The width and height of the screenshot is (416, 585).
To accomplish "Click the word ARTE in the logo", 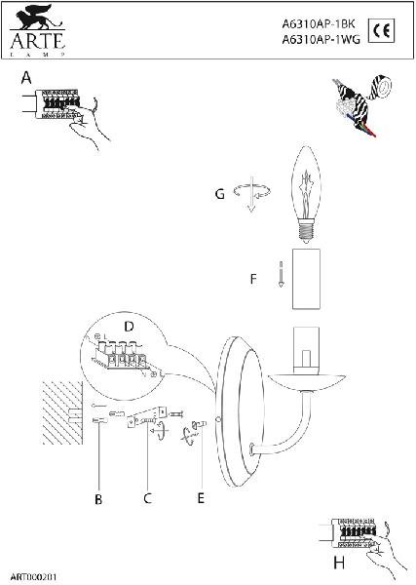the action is [38, 41].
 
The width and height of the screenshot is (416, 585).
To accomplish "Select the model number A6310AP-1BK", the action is [319, 24].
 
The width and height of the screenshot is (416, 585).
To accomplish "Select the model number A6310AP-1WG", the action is [321, 39].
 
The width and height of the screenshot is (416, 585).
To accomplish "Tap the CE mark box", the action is [381, 30].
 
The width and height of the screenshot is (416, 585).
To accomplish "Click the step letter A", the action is [26, 78].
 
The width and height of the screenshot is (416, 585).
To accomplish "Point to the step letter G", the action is [220, 194].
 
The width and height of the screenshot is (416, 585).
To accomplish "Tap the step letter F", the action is [253, 279].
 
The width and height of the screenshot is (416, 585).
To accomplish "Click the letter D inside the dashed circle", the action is [129, 327].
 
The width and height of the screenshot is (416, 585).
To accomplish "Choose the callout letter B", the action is [98, 499].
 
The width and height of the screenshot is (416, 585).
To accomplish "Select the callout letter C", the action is [148, 498].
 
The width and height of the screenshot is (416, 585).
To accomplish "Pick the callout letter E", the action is [201, 498].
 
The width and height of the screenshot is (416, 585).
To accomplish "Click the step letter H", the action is [339, 563].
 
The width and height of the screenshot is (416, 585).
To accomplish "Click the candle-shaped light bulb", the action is [306, 198].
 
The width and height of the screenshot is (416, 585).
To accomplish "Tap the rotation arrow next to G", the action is [252, 191].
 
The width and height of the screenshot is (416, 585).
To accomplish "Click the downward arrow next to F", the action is [281, 274].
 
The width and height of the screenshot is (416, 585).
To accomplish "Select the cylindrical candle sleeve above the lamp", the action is [306, 279].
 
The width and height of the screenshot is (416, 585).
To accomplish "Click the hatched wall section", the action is [62, 412].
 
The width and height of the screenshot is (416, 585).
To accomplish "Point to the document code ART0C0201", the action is [33, 577].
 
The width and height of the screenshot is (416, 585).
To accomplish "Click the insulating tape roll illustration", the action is [381, 87].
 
